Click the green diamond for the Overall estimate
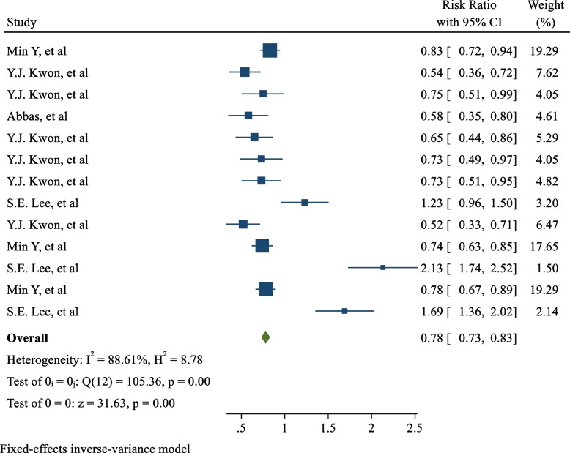click(x=265, y=337)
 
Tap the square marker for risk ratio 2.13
click(x=382, y=268)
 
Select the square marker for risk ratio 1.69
click(x=344, y=311)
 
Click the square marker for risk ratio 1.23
click(x=305, y=202)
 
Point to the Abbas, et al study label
click(x=37, y=116)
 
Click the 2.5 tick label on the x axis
click(x=415, y=428)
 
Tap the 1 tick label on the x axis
click(x=284, y=428)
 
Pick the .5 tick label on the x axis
click(x=240, y=428)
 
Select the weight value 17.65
click(x=544, y=247)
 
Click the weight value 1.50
click(x=547, y=269)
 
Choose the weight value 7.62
click(x=547, y=73)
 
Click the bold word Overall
click(x=27, y=338)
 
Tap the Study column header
click(x=22, y=23)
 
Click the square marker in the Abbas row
click(x=248, y=116)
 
